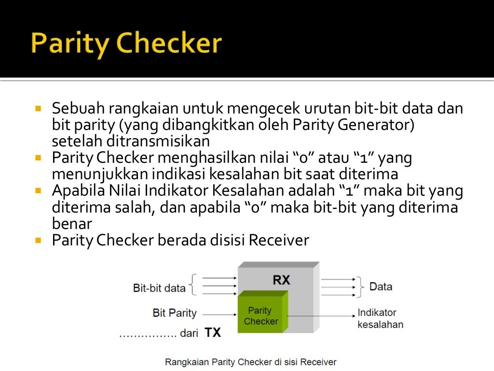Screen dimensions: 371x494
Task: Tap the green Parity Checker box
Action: pos(261,315)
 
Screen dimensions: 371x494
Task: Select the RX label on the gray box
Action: pos(281,280)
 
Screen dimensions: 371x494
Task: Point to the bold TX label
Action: pos(213,332)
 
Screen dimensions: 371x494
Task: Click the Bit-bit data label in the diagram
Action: pos(159,288)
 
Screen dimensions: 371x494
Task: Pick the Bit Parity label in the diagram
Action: pos(175,313)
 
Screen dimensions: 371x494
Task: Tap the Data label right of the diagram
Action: pos(381,286)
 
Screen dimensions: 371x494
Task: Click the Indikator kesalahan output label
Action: pos(380,318)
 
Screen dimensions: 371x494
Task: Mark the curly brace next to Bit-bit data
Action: pos(193,285)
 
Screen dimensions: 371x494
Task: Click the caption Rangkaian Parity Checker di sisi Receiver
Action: pos(250,361)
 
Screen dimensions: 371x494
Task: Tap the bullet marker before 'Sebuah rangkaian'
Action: pos(39,107)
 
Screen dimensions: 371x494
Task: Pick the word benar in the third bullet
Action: pos(71,224)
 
